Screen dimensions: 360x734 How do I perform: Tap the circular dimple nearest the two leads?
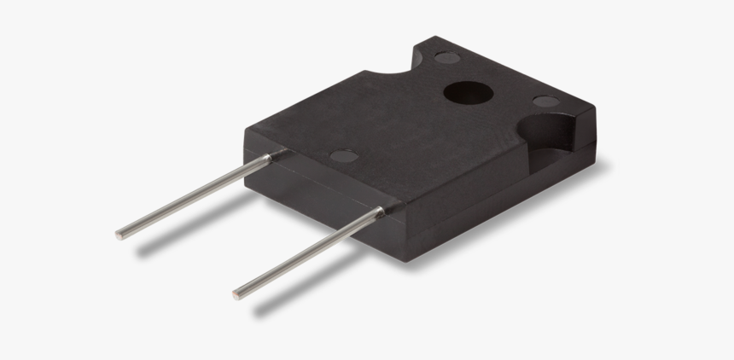[344, 156]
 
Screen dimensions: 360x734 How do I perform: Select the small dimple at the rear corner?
[446, 59]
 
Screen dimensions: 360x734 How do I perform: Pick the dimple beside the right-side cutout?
[546, 102]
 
